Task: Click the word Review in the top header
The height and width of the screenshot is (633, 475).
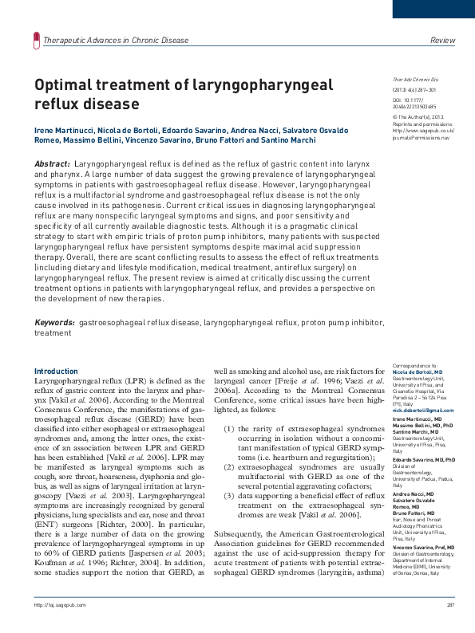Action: click(442, 40)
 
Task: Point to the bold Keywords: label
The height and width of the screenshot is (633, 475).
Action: click(55, 323)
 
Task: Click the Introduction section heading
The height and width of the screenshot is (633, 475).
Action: click(56, 372)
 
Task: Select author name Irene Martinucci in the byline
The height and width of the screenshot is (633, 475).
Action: click(65, 129)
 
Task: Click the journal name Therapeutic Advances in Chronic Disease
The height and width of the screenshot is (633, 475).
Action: click(117, 40)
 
